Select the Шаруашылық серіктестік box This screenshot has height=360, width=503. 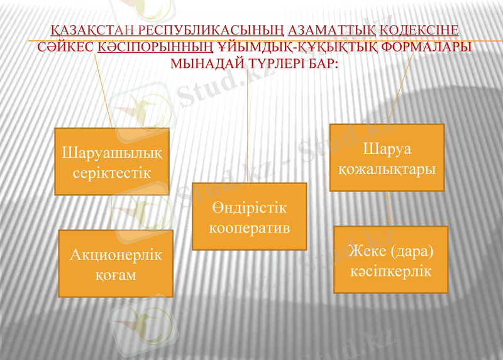tap(112, 161)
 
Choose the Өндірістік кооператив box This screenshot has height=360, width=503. tap(249, 217)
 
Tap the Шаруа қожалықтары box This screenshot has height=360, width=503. tap(387, 158)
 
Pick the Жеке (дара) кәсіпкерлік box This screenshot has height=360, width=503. tap(390, 259)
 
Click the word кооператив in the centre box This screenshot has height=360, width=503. tap(249, 227)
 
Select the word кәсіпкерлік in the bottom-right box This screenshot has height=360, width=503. tap(390, 271)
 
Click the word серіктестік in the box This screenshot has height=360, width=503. tap(112, 173)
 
